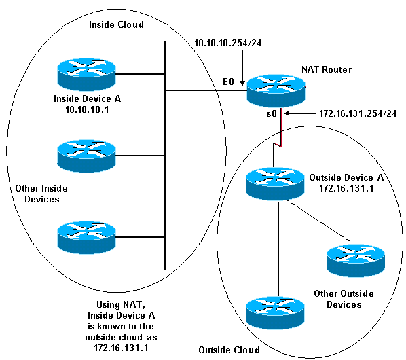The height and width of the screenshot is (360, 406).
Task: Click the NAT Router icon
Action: coord(276,90)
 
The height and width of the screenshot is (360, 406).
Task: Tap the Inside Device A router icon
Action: coord(86,74)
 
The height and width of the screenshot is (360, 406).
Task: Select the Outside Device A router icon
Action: coord(275,184)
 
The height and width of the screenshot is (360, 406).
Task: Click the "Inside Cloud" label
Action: coord(116,24)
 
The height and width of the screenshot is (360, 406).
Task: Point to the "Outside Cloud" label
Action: coord(229,350)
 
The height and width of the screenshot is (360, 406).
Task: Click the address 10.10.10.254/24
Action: coord(228,43)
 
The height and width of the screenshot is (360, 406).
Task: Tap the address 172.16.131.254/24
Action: coord(358,113)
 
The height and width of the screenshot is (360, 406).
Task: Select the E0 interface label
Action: coord(228,82)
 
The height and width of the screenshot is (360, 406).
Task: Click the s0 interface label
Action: coord(272,113)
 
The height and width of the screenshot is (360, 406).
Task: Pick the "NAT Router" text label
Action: coord(327,69)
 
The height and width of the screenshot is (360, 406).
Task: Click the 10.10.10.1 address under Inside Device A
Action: coord(87,109)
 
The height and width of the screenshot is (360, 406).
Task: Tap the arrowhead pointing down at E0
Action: coord(242,83)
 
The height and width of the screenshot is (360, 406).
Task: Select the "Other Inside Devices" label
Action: coord(41,194)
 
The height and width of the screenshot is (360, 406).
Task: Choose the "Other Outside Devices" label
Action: coord(344,299)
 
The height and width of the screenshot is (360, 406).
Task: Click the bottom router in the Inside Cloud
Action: coord(86,238)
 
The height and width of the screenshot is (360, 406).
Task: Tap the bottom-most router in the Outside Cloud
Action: coord(275,313)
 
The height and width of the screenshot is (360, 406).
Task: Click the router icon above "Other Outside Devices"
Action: coord(356,260)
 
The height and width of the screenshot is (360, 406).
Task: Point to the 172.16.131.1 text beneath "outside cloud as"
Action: coord(121,348)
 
